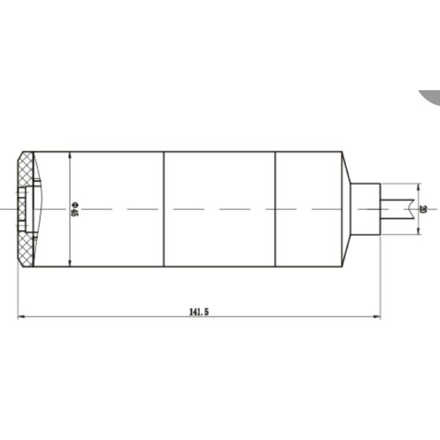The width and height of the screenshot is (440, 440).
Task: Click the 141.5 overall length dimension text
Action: [x=199, y=312]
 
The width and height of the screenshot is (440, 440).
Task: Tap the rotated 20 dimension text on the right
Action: [x=422, y=209]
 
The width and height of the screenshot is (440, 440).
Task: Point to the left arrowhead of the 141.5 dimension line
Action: [x=21, y=317]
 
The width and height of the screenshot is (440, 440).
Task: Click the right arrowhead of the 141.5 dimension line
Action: [x=377, y=317]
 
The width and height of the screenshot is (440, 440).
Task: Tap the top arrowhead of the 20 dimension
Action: [x=418, y=187]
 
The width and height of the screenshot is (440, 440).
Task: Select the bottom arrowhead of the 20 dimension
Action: [x=418, y=231]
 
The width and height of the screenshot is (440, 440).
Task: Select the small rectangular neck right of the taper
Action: [x=364, y=209]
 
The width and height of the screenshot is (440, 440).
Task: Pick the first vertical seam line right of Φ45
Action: [x=164, y=209]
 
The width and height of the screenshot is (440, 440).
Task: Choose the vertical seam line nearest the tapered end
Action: [x=275, y=209]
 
